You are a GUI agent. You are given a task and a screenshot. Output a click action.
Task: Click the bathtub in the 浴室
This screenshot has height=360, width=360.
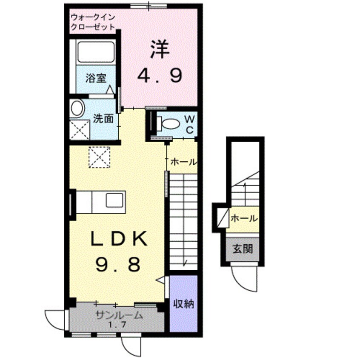[x=96, y=52]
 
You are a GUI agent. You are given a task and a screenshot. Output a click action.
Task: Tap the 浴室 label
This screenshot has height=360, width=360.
[x=96, y=78]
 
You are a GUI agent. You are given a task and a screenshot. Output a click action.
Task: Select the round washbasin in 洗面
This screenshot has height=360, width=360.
[x=77, y=109]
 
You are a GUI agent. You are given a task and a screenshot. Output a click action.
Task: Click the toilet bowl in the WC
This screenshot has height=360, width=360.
[x=170, y=123]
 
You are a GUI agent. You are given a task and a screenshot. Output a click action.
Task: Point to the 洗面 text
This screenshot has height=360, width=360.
[x=103, y=119]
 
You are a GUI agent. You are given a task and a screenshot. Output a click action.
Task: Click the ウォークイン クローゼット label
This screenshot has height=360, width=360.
[x=93, y=22]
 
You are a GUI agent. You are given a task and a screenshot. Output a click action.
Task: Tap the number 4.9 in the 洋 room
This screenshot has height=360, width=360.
[x=160, y=76]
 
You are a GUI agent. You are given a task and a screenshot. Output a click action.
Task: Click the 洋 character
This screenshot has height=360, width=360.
[x=160, y=49]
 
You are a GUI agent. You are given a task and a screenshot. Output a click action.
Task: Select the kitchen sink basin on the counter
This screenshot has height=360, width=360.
[x=114, y=200]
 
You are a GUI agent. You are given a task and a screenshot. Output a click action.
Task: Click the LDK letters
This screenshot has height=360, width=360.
[x=119, y=239]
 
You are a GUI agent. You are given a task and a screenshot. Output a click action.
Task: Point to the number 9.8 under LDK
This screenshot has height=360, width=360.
[x=118, y=264]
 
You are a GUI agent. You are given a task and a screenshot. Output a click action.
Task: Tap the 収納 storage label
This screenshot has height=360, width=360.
[x=183, y=304]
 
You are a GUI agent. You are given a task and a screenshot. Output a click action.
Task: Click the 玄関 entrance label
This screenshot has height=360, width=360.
[x=243, y=249]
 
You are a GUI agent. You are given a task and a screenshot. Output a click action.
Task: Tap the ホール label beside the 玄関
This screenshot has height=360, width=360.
[x=244, y=218]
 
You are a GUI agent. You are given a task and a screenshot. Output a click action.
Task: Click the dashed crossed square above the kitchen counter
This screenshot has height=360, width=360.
[x=99, y=157]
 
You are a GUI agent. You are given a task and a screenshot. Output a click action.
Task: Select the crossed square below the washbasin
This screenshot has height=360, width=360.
[x=80, y=130]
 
